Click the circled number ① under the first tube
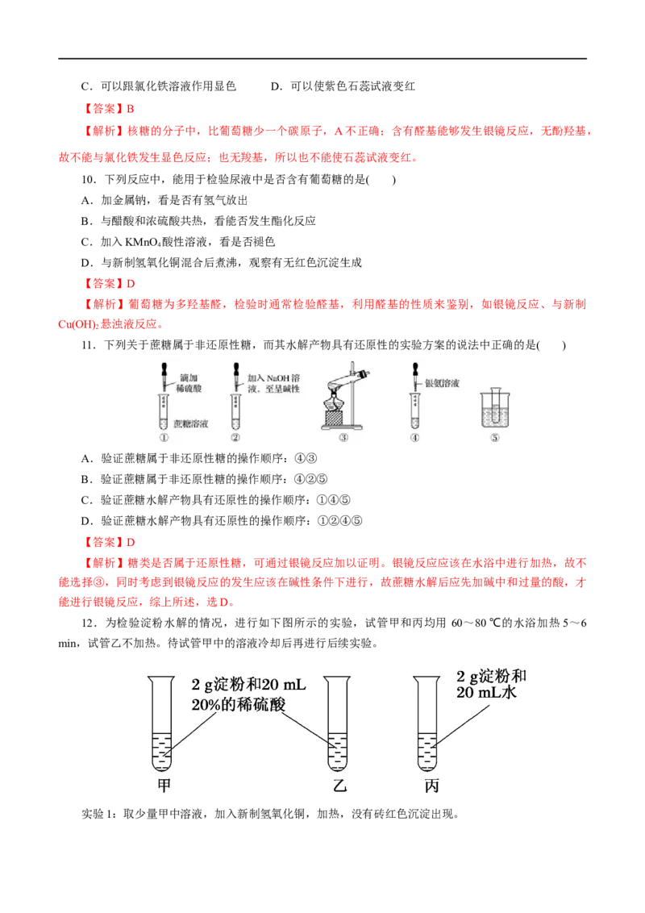pos(164,438)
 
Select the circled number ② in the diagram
pos(235,438)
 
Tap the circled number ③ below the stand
pos(343,438)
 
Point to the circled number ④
pos(414,438)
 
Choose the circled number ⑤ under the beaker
pos(493,438)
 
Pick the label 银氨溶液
pos(443,383)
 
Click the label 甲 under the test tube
pos(164,785)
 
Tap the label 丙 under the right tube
pos(431,785)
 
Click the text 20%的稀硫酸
pos(239,704)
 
